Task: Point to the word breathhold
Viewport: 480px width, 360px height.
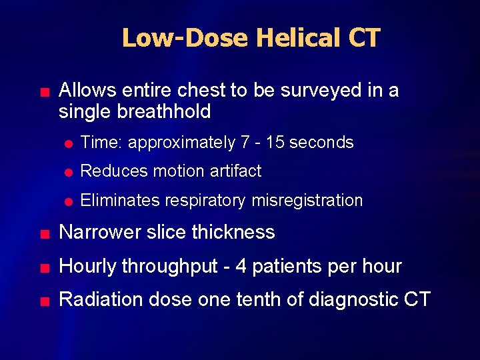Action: click(x=163, y=111)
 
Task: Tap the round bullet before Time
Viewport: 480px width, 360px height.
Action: click(x=69, y=143)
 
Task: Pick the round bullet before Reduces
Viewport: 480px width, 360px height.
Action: click(x=69, y=172)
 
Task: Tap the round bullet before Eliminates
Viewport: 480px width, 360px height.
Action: click(x=69, y=201)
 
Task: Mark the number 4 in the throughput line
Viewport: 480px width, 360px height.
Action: click(x=241, y=267)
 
